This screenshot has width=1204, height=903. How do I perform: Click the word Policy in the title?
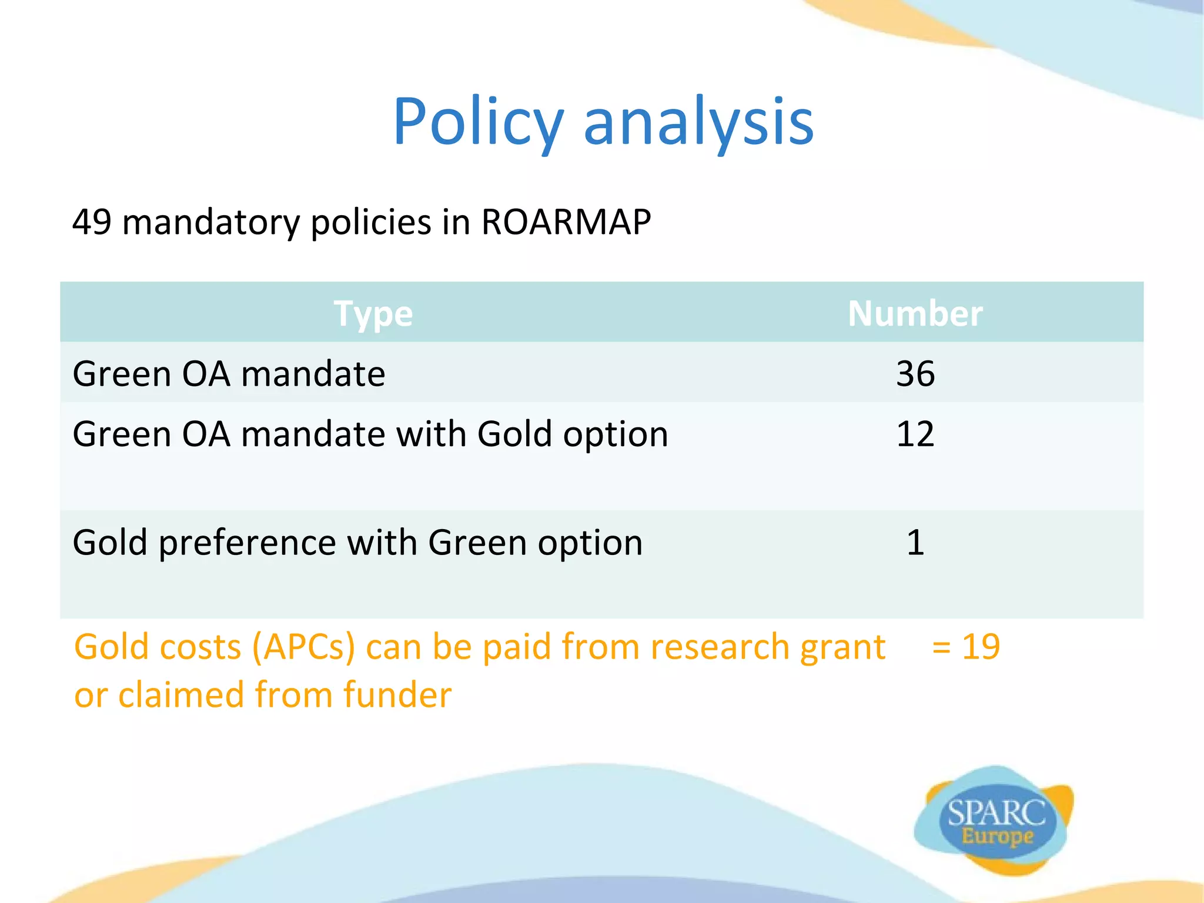477,122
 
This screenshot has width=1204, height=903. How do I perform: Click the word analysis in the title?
698,122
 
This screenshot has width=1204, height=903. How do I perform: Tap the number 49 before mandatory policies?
91,222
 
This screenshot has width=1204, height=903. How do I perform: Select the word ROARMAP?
566,222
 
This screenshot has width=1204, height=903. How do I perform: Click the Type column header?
373,313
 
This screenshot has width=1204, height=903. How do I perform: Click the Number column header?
915,313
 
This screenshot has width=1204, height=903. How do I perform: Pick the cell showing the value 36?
915,373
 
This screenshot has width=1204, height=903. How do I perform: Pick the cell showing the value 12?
915,434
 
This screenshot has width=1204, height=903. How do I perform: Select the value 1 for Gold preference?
915,542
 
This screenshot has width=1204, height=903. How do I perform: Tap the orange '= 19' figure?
965,647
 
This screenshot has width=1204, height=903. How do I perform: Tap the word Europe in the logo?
997,836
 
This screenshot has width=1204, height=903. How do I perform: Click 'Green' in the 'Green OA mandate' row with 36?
122,374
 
